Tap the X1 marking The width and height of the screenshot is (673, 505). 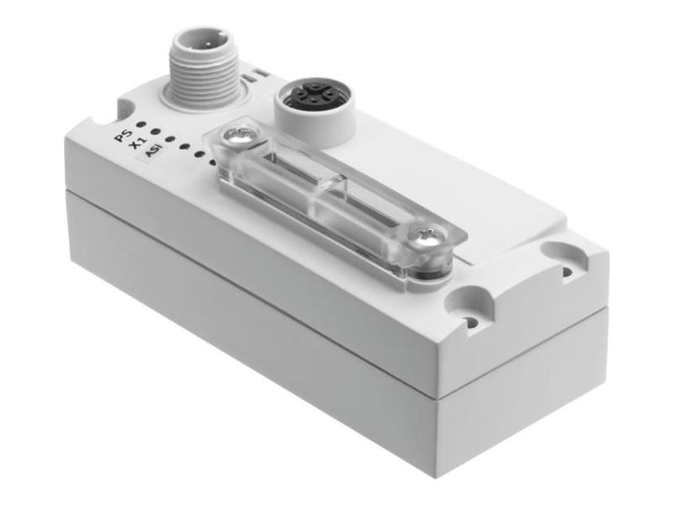click(138, 143)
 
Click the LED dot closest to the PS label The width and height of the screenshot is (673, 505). click(140, 125)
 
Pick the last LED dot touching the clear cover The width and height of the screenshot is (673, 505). click(212, 162)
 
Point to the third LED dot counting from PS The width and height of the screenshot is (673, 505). click(171, 139)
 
